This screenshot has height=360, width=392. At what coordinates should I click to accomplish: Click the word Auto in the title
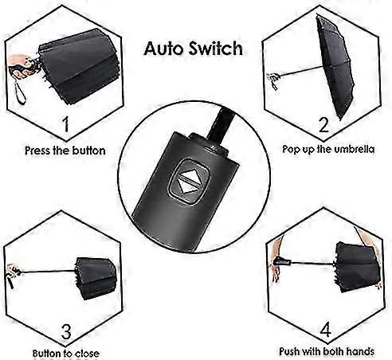pyautogui.click(x=164, y=49)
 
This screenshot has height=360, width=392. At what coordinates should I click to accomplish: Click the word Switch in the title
pyautogui.click(x=216, y=48)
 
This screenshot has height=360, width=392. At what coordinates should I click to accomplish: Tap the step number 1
pyautogui.click(x=65, y=123)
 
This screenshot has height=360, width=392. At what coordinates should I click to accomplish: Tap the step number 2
pyautogui.click(x=323, y=124)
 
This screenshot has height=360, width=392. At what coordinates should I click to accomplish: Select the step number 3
pyautogui.click(x=66, y=331)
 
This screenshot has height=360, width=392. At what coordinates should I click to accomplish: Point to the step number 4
pyautogui.click(x=325, y=329)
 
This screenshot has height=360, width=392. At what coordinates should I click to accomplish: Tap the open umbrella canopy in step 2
pyautogui.click(x=335, y=66)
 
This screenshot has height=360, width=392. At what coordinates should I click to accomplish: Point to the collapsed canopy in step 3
pyautogui.click(x=96, y=278)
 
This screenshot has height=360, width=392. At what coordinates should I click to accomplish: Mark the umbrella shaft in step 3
pyautogui.click(x=48, y=272)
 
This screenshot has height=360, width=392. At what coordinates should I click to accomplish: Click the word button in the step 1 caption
pyautogui.click(x=89, y=151)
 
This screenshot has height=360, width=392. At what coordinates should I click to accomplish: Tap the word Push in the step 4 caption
pyautogui.click(x=290, y=351)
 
